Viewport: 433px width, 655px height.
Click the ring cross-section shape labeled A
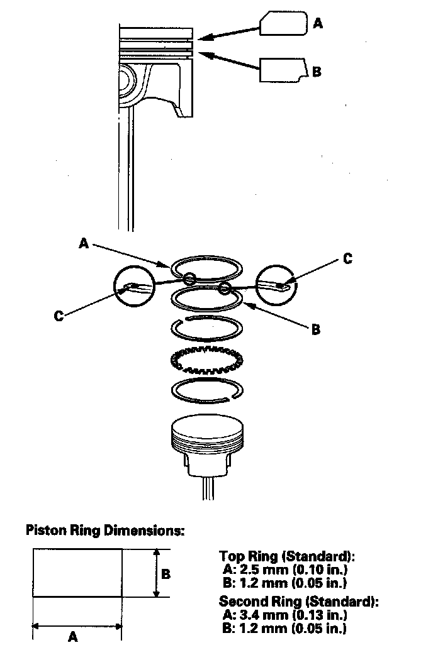point(283,25)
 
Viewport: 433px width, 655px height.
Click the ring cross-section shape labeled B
point(283,70)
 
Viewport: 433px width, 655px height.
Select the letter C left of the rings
point(59,316)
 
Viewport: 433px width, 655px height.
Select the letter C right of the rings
point(347,258)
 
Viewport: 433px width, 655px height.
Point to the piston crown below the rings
point(205,429)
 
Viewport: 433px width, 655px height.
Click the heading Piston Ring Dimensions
point(104,530)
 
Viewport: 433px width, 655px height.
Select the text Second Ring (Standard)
point(298,602)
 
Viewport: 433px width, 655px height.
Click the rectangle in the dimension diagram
point(77,573)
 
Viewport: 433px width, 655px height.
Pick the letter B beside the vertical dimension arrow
point(166,573)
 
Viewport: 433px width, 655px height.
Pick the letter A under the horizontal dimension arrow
point(73,637)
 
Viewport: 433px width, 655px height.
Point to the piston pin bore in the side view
point(127,82)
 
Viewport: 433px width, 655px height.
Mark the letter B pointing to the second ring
point(315,329)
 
